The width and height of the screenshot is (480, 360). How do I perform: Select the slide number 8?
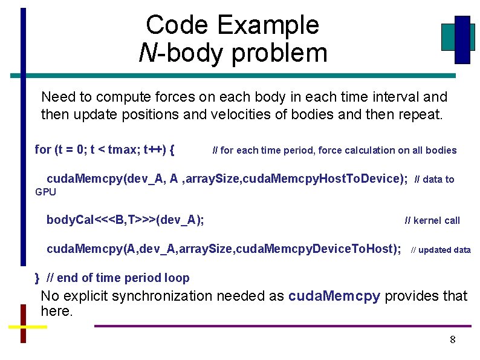[452, 339]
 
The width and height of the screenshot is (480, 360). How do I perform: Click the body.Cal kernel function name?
[70, 220]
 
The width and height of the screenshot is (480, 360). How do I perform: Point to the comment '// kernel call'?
[432, 220]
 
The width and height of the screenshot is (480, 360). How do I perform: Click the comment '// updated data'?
[441, 249]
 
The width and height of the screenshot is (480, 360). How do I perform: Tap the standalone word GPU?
[45, 192]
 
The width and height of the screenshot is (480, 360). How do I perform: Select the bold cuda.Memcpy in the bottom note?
[334, 296]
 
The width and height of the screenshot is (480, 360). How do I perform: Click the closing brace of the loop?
[37, 278]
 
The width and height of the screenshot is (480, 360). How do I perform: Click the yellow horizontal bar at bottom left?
[27, 327]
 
